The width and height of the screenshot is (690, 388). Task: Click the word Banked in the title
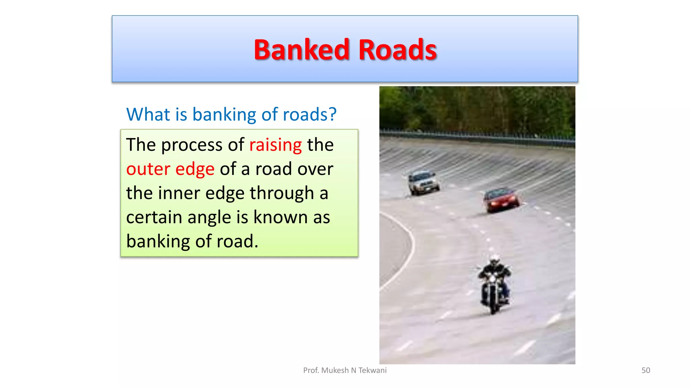pyautogui.click(x=302, y=50)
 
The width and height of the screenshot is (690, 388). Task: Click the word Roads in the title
pyautogui.click(x=398, y=50)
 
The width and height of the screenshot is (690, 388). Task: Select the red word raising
pyautogui.click(x=275, y=145)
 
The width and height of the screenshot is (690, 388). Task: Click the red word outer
pyautogui.click(x=148, y=169)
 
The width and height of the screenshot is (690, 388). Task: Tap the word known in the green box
pyautogui.click(x=280, y=217)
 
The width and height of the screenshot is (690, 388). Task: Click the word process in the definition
pyautogui.click(x=191, y=145)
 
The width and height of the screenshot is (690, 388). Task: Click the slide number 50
pyautogui.click(x=646, y=370)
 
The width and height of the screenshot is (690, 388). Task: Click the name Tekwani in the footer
pyautogui.click(x=372, y=370)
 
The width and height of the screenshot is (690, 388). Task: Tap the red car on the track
pyautogui.click(x=501, y=200)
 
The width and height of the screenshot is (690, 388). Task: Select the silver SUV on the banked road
pyautogui.click(x=423, y=182)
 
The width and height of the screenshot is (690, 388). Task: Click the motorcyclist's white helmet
pyautogui.click(x=495, y=260)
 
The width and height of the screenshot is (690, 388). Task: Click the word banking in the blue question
pyautogui.click(x=224, y=115)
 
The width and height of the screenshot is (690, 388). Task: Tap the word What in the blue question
pyautogui.click(x=148, y=114)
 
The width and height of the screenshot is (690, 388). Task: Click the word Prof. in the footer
pyautogui.click(x=311, y=370)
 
